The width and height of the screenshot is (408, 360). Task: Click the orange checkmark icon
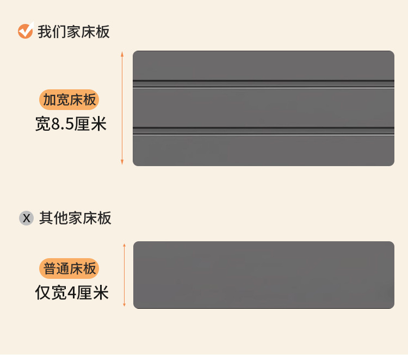click(x=25, y=32)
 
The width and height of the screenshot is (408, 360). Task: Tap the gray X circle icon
click(x=27, y=218)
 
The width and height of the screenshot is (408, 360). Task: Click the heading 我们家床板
click(x=73, y=32)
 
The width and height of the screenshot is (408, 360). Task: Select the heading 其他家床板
click(x=75, y=218)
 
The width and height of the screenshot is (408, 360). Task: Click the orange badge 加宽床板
click(x=69, y=100)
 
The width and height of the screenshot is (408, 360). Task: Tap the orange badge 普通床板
click(x=69, y=269)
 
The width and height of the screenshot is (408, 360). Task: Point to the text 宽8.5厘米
click(x=71, y=124)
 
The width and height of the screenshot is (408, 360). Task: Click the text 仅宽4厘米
click(x=72, y=293)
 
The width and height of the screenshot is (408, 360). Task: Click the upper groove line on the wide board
click(x=263, y=83)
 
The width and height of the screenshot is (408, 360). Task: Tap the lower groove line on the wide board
click(x=263, y=130)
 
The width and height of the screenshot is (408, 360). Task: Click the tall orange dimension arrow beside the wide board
click(x=122, y=108)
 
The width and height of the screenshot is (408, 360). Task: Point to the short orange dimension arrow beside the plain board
click(x=125, y=275)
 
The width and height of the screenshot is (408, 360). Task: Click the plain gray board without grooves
click(x=263, y=275)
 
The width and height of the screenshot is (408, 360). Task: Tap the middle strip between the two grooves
click(x=263, y=107)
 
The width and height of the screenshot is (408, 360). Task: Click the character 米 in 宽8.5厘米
click(x=99, y=125)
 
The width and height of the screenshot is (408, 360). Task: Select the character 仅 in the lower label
click(x=43, y=294)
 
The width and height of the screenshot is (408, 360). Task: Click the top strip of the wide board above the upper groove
click(x=263, y=65)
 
